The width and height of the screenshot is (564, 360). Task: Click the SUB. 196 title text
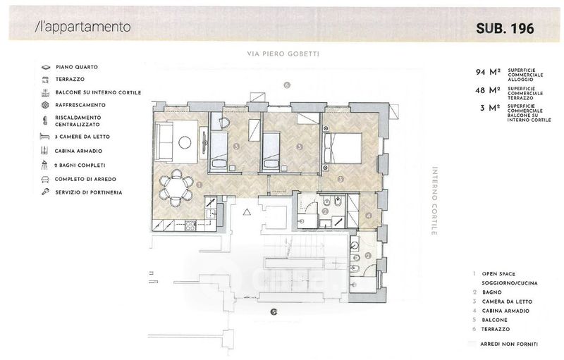click(505, 29)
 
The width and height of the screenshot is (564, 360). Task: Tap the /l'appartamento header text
click(82, 27)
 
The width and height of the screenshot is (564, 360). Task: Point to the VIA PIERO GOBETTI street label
click(283, 54)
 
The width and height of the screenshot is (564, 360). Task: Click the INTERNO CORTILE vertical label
click(434, 201)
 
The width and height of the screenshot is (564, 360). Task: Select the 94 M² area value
click(488, 73)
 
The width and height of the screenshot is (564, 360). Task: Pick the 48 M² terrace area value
click(488, 90)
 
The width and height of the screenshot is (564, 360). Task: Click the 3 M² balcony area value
click(490, 108)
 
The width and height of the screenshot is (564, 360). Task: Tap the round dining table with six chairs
click(176, 187)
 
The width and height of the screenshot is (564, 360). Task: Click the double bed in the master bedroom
click(343, 149)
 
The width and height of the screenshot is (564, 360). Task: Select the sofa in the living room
click(164, 141)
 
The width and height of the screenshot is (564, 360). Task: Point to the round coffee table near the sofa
click(185, 142)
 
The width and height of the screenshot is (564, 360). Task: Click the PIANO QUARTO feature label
click(77, 67)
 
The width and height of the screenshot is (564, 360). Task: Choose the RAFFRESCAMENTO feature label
click(80, 105)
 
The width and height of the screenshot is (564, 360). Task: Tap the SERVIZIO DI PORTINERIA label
click(89, 192)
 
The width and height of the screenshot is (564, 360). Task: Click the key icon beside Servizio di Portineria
click(45, 192)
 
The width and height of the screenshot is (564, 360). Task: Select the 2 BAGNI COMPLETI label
click(80, 166)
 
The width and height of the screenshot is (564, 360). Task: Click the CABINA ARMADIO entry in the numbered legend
click(505, 311)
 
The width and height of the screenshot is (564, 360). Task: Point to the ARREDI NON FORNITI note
click(509, 345)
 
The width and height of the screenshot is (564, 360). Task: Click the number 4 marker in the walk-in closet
click(368, 216)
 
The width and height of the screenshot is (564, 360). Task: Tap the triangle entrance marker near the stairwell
click(246, 212)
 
